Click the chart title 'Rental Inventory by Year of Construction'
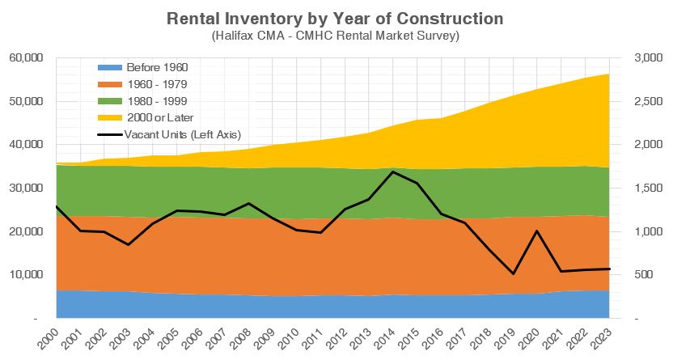pos(335,19)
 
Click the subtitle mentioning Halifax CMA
pos(335,35)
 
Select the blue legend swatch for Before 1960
pos(110,67)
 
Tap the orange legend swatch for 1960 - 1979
pos(110,84)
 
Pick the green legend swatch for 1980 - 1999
pos(110,101)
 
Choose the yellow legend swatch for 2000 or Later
pos(110,117)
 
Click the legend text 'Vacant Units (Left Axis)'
pos(183,135)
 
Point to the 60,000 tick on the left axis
pos(26,58)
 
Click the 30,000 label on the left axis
pos(26,188)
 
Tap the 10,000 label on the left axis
pos(26,274)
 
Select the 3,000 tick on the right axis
pos(648,58)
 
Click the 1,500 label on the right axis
pos(648,188)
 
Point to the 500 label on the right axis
pos(643,274)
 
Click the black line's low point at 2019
pos(513,273)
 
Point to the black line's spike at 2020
pos(537,231)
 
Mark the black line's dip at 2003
pos(129,244)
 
